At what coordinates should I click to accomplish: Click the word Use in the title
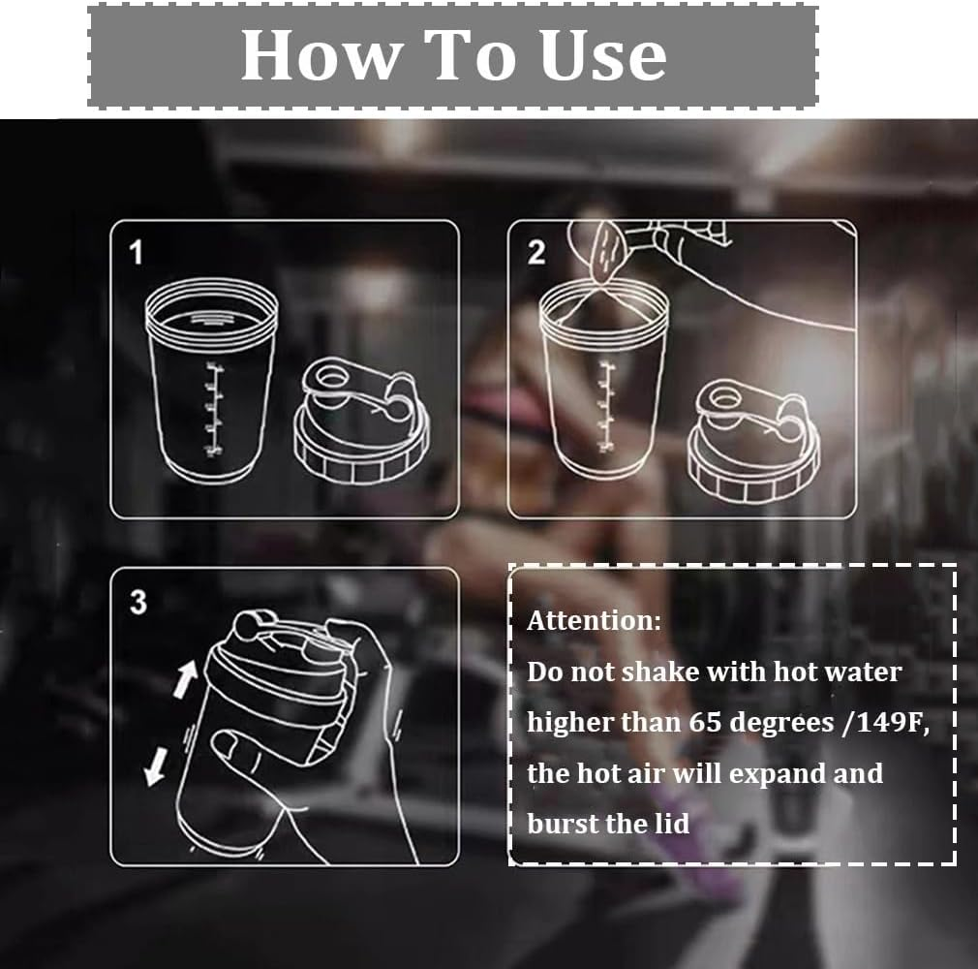603,55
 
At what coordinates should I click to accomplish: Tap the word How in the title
320,55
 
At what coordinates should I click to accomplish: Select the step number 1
136,253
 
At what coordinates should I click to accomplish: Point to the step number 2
536,253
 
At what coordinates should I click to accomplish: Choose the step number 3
138,603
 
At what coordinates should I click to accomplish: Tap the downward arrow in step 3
155,766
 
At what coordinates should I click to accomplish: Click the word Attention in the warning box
594,620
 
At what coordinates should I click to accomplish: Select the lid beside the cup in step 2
752,440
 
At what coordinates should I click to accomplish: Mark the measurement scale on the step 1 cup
214,409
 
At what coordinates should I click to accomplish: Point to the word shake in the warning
661,672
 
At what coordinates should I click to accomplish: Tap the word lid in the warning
672,824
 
